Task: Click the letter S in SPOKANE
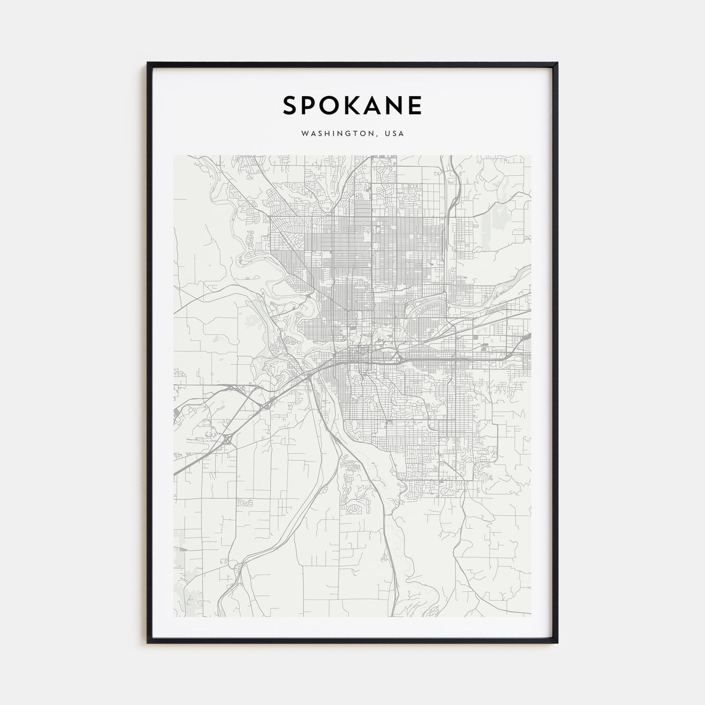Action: (291, 105)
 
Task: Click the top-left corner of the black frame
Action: (148, 63)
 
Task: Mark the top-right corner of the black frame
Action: (557, 63)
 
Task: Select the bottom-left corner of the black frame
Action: (148, 643)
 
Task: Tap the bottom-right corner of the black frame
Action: (557, 643)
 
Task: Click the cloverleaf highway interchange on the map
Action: (228, 439)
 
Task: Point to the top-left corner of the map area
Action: (174, 156)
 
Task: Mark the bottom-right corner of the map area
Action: (531, 616)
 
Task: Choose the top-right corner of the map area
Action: (531, 156)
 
